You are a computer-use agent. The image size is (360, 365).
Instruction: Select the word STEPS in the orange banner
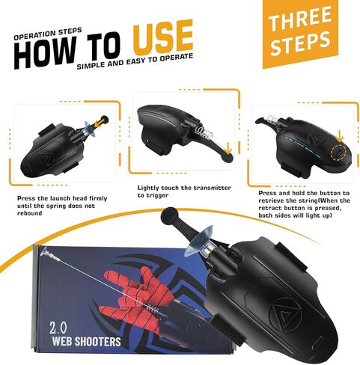[300, 43]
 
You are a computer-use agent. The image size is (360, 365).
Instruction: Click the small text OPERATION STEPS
[48, 34]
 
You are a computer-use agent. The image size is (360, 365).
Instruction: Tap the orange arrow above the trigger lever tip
[228, 150]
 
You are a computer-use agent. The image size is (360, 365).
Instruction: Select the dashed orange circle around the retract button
[338, 152]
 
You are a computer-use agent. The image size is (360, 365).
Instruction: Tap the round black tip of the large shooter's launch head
[168, 215]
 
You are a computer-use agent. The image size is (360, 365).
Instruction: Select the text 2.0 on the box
[58, 328]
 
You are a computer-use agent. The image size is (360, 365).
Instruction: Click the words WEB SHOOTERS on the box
[86, 341]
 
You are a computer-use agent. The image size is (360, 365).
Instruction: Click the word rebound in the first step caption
[29, 213]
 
